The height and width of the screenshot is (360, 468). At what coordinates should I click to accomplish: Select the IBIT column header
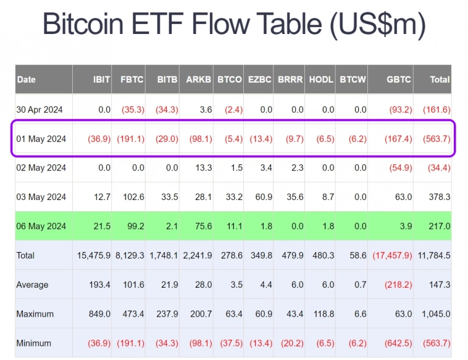[101, 80]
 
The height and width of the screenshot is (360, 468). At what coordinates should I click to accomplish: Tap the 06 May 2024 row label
[41, 227]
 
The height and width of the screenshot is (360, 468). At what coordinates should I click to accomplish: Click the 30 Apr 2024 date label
[40, 110]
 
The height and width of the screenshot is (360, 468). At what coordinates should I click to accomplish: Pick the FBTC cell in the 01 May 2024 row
[131, 139]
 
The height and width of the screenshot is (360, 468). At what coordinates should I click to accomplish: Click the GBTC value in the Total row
[392, 256]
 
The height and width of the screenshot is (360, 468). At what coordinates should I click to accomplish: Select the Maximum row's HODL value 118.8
[322, 314]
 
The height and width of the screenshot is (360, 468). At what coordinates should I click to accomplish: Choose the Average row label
[33, 285]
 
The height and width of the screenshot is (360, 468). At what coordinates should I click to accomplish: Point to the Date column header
[27, 80]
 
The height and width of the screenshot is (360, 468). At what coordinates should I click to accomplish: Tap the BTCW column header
[353, 80]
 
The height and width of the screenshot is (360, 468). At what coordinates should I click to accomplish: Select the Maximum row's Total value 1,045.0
[435, 314]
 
